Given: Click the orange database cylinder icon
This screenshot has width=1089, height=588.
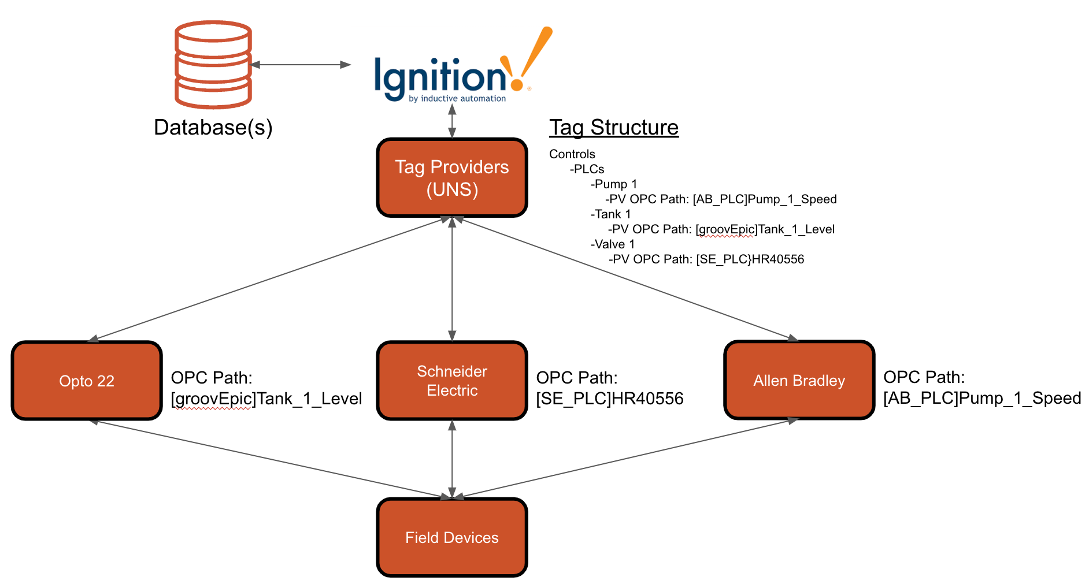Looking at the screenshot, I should click(213, 64).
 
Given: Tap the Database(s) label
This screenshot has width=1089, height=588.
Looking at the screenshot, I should click(213, 127).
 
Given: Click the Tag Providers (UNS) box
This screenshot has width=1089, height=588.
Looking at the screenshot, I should click(452, 178).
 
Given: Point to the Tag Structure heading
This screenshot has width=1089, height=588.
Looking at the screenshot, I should click(613, 127).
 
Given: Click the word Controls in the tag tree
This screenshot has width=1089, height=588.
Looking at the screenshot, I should click(572, 154).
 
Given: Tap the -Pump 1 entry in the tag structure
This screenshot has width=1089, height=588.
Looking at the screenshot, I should click(613, 184).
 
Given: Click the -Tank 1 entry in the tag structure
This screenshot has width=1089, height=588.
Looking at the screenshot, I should click(610, 214).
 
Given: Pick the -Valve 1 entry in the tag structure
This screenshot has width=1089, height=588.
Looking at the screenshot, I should click(612, 244).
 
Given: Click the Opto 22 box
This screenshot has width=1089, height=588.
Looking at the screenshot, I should click(87, 381).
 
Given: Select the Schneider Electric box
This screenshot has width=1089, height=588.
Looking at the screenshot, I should click(452, 381).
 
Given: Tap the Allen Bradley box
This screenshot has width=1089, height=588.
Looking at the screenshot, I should click(799, 381).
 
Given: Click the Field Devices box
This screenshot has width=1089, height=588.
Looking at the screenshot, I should click(452, 538).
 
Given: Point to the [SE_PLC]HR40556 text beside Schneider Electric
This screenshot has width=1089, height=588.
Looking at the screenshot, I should click(609, 399).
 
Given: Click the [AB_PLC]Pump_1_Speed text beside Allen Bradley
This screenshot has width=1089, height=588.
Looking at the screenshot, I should click(981, 398).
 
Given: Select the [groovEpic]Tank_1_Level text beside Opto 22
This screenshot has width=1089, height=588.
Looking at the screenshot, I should click(266, 399).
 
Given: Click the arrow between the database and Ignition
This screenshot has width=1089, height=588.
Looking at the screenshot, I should click(301, 65).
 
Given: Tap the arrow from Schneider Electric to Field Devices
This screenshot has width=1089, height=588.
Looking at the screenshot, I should click(452, 459).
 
